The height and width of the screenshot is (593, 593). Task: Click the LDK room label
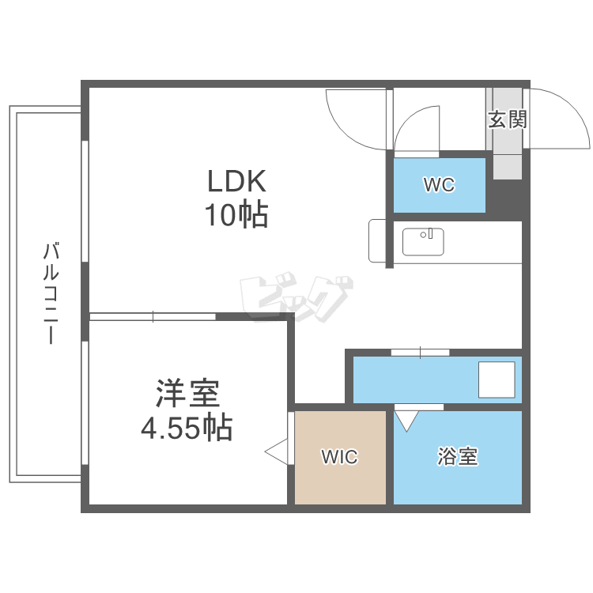(x=237, y=183)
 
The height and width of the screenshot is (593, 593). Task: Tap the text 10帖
(x=237, y=215)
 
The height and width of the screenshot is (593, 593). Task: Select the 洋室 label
(x=187, y=394)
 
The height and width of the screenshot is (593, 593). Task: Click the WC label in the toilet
(x=439, y=186)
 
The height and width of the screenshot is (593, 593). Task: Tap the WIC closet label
(x=339, y=457)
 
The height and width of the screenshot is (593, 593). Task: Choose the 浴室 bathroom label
(x=458, y=457)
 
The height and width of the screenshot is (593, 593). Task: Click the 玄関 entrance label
(x=507, y=120)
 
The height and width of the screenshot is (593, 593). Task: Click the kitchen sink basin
(x=423, y=241)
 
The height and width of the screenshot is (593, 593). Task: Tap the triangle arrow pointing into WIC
(x=277, y=453)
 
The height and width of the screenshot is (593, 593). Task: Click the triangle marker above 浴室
(x=406, y=419)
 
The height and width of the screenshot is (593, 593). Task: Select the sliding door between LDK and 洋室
(x=153, y=317)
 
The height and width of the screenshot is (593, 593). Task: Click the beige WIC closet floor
(x=340, y=482)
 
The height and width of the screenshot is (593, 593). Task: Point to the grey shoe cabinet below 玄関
(x=508, y=157)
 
